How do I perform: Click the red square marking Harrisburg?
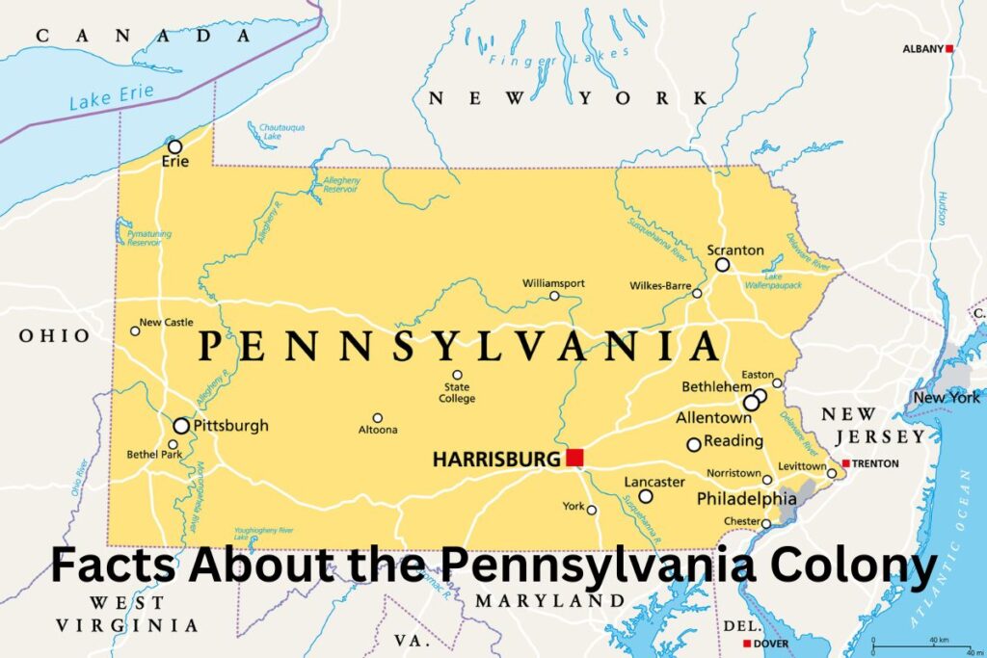tap(575, 458)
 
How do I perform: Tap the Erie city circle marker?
tap(174, 146)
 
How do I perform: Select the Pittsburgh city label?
tap(230, 425)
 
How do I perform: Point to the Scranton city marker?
tap(722, 264)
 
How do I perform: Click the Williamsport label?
tap(553, 283)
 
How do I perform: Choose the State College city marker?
tap(457, 375)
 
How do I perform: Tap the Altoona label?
tap(377, 430)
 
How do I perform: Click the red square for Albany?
tap(949, 48)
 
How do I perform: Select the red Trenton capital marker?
tap(845, 463)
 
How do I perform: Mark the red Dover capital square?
tap(746, 644)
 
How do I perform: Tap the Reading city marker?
tap(693, 444)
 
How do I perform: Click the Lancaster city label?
tap(654, 482)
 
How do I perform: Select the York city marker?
tap(592, 510)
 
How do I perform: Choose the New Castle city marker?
tap(135, 330)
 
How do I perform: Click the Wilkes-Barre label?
tap(659, 285)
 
